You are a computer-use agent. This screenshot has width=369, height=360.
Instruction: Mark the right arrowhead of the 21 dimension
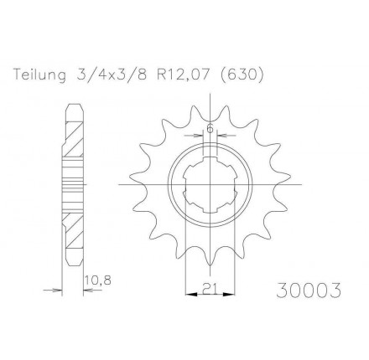coord(231,292)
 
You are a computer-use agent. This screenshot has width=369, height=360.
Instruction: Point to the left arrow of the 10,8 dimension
coord(60,291)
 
